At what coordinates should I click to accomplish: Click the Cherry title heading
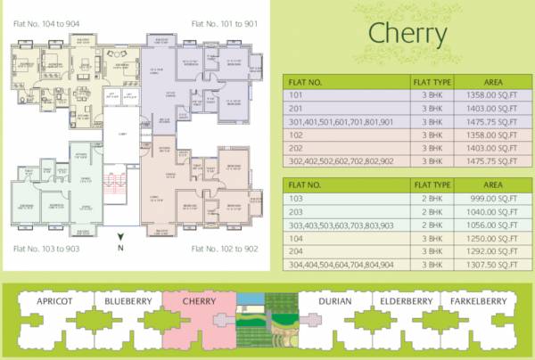(x=407, y=34)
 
